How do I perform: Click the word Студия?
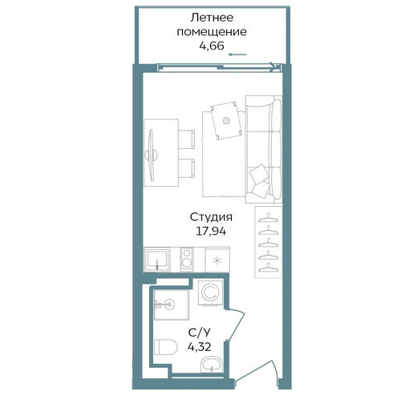coord(211,217)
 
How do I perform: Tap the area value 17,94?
coord(211,231)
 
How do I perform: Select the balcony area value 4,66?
coord(212,46)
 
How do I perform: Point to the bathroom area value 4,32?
coord(200,347)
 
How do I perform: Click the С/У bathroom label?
coord(200,333)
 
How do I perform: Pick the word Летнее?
coord(212,18)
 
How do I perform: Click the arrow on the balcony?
coord(237,54)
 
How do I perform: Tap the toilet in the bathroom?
coord(166,347)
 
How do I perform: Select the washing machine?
coord(211,292)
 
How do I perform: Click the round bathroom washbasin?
coord(212,365)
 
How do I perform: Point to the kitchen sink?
coord(157,260)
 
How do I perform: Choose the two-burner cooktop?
coord(187,258)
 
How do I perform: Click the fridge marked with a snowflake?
coord(217,260)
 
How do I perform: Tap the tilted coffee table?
coord(226,120)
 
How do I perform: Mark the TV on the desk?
coord(152,155)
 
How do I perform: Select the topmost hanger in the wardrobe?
coord(269,218)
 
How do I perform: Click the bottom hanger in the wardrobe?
coord(269,268)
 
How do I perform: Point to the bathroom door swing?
coord(235,324)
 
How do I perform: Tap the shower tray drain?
coord(168,304)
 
